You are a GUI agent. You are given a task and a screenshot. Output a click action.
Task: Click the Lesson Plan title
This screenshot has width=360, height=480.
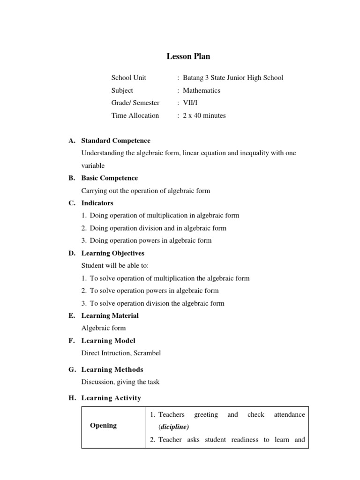pos(188,56)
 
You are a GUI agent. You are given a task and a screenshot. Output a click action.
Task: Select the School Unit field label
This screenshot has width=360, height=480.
pos(128,78)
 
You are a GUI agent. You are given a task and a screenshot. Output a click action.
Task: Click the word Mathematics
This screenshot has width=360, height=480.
pos(202,90)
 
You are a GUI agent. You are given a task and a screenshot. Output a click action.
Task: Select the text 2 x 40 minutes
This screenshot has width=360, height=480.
pos(204,115)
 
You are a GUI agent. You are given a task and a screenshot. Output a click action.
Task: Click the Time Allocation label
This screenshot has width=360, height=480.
pos(135,115)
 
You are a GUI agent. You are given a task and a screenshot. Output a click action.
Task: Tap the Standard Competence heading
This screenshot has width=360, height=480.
pos(116,141)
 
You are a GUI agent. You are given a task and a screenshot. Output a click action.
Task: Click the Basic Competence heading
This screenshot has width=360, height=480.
pos(110,178)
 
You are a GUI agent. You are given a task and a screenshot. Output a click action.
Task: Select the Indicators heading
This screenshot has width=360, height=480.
pos(97,203)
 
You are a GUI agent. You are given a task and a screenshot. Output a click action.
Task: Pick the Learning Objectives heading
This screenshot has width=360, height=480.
pos(113,253)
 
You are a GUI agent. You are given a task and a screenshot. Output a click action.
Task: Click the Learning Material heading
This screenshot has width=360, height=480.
pos(110,315)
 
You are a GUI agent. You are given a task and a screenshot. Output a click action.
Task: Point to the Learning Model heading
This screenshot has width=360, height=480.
pos(108,341)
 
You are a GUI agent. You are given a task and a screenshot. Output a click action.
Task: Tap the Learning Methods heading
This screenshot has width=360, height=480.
pos(112,369)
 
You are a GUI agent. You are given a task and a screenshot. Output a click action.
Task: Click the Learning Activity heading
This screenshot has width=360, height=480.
pos(111,398)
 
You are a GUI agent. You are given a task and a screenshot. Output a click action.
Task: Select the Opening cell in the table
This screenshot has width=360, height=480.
pos(104,426)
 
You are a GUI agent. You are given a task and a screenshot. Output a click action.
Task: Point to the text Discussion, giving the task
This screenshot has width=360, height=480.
pos(120,382)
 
